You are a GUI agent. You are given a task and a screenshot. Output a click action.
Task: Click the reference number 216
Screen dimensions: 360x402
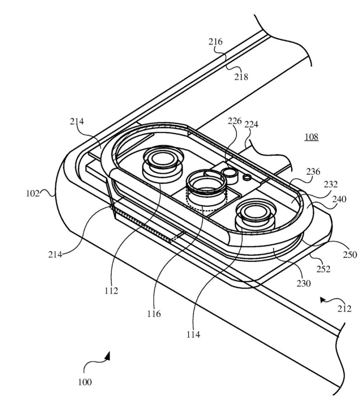tap(215, 42)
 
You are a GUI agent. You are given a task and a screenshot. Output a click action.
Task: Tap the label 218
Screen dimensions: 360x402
tap(241, 77)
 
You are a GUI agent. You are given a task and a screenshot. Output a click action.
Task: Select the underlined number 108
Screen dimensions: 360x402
tap(312, 137)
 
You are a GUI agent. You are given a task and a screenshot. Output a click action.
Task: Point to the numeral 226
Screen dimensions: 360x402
tap(235, 121)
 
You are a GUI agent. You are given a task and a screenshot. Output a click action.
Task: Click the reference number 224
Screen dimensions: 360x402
tap(251, 124)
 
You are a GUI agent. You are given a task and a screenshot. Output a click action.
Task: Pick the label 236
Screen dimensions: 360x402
tap(313, 172)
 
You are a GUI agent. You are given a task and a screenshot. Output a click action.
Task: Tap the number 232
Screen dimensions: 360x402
tap(331, 185)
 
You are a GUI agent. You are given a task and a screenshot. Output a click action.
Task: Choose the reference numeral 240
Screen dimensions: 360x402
tap(339, 199)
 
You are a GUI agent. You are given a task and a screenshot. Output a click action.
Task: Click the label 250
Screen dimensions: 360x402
tap(350, 254)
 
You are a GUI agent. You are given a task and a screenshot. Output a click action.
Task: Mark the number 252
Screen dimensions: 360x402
tap(323, 269)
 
